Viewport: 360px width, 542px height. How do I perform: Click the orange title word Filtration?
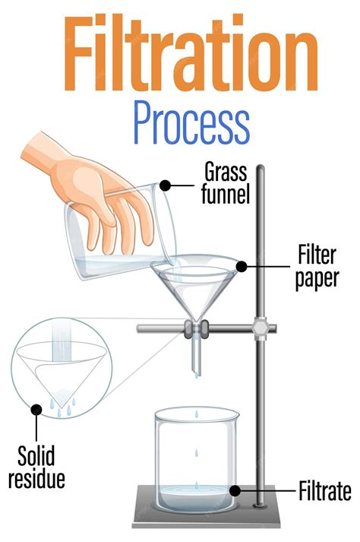tap(191, 53)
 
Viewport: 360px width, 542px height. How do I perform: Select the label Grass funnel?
tap(225, 183)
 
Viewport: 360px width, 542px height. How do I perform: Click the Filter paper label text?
tap(317, 267)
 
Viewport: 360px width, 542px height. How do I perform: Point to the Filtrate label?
tap(325, 491)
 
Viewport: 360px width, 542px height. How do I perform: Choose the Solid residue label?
tap(36, 467)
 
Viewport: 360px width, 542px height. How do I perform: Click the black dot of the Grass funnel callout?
tap(166, 185)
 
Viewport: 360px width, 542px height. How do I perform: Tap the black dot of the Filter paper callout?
tap(242, 267)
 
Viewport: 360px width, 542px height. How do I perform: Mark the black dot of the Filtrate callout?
tap(235, 490)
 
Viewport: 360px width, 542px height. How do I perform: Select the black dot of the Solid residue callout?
tap(36, 410)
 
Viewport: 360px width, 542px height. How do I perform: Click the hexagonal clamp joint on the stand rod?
tap(260, 328)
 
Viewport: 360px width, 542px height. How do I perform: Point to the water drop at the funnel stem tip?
tap(197, 375)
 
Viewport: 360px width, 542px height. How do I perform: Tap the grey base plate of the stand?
tap(207, 507)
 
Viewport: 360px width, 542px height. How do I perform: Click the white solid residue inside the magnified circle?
tap(62, 397)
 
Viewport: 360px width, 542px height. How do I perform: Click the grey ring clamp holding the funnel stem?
tap(196, 329)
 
